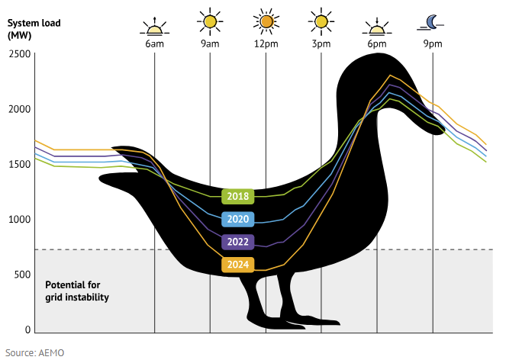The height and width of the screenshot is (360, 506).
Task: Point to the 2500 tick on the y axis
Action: pos(19,54)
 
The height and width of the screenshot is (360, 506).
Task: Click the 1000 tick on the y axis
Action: pos(19,220)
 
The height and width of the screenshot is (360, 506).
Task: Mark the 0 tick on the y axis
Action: pos(27,330)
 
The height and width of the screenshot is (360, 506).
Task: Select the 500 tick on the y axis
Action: pos(22,275)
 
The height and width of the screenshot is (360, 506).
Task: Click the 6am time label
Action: pos(155,44)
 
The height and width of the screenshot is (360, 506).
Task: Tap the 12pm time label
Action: pos(266,44)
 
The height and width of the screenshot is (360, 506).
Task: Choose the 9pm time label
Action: pos(433,44)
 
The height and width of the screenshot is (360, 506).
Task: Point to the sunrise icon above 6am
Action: pos(155,25)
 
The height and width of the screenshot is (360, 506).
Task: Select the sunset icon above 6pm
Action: pos(377,25)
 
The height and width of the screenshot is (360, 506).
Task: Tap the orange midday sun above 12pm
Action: pos(266,22)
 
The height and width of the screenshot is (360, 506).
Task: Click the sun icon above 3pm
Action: pos(321,22)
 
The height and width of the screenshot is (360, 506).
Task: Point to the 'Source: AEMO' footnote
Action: pos(34,353)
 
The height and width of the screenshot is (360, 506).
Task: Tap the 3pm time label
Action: pos(321,44)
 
